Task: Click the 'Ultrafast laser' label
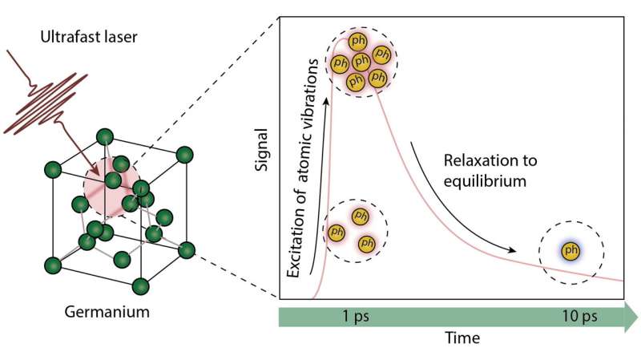(89, 37)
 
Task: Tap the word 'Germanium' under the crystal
(107, 312)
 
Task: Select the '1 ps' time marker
(356, 316)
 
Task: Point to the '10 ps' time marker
(579, 316)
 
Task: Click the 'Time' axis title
(462, 338)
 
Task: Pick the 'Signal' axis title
(261, 150)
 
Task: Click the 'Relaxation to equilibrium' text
(490, 171)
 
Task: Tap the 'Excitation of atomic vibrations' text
(302, 168)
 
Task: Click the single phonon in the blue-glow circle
(570, 250)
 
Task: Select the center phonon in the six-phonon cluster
(361, 62)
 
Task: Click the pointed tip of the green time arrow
(637, 317)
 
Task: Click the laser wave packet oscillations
(46, 104)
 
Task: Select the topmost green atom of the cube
(105, 137)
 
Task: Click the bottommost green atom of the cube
(141, 286)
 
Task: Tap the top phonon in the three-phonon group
(360, 216)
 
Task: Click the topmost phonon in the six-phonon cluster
(357, 42)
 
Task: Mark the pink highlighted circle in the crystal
(111, 187)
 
